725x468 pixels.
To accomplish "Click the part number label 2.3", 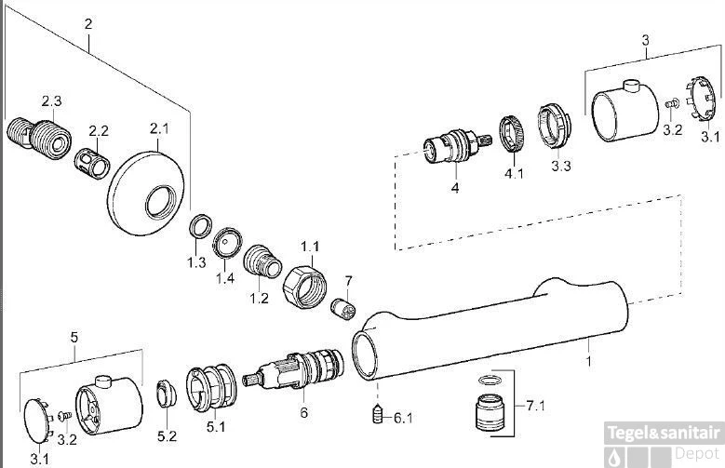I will tap(51, 100).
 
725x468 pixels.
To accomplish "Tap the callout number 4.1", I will tap(514, 172).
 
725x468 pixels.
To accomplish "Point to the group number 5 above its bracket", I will tap(74, 339).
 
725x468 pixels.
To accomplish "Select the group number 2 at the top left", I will tap(88, 24).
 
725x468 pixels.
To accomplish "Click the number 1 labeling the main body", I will tap(588, 357).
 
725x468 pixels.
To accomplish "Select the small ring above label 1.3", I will tap(197, 228).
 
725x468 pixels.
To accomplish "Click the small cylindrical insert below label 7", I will tap(344, 309).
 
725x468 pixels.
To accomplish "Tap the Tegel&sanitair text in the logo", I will tap(663, 433).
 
